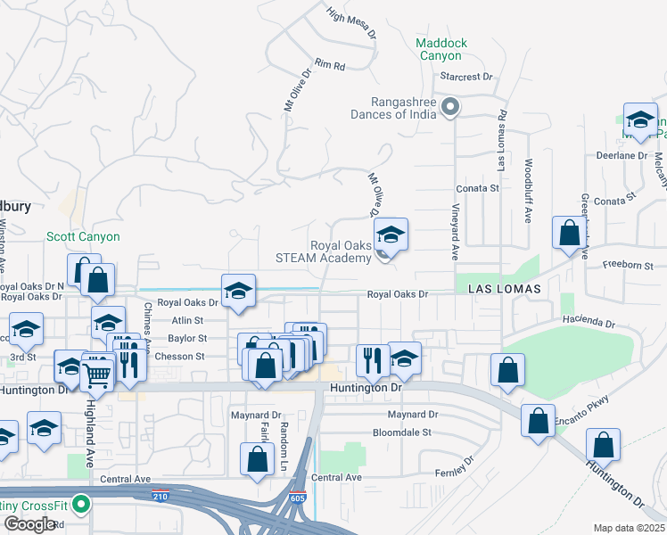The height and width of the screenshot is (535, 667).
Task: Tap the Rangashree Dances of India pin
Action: (x=451, y=109)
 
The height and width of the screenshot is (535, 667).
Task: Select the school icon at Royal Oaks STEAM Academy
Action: (x=391, y=235)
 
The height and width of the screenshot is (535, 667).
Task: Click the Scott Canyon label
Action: (x=83, y=237)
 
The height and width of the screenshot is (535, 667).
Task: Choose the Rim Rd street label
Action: (x=329, y=65)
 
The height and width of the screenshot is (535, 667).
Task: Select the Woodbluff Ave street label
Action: (x=528, y=191)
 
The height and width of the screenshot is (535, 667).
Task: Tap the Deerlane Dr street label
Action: (x=622, y=155)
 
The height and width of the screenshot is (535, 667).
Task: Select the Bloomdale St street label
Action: (x=401, y=432)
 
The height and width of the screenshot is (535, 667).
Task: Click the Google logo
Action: (x=29, y=524)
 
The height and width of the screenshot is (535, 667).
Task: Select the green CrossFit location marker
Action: (x=81, y=506)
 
